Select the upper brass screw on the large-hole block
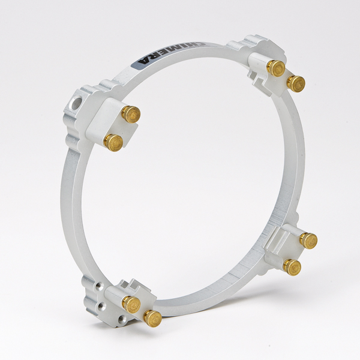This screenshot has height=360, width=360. point(131,113)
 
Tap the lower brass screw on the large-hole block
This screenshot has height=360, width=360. point(113,142)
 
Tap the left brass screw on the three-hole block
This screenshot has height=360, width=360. point(131,302)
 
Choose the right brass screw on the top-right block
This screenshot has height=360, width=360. point(295,83)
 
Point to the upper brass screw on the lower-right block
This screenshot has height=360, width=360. point(308,240)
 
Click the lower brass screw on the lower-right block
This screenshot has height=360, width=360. point(292,266)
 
